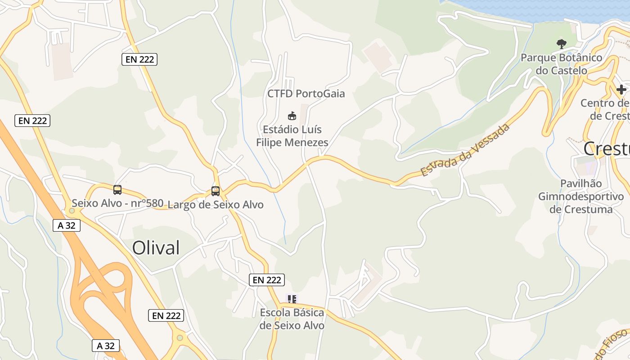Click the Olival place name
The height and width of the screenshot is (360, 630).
[x=156, y=248]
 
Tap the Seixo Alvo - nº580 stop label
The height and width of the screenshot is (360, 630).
[x=117, y=203]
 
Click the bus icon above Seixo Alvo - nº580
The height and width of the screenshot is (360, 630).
[x=117, y=190]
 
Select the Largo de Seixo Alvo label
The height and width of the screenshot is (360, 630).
[x=216, y=205]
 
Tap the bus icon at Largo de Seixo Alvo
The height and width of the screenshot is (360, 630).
[x=216, y=191]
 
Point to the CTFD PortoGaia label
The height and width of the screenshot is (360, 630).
[x=306, y=94]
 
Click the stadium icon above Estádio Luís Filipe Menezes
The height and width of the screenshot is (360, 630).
[x=292, y=116]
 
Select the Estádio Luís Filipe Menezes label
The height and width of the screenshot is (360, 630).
[x=292, y=136]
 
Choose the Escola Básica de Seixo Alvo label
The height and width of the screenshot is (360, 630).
[x=292, y=319]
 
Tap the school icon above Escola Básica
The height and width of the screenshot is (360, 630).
[x=292, y=299]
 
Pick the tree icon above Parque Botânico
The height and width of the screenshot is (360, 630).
[x=561, y=44]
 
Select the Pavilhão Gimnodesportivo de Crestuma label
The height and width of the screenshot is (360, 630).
[x=581, y=196]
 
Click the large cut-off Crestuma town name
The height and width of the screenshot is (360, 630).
[x=607, y=148]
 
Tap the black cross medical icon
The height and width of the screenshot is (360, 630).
[x=621, y=90]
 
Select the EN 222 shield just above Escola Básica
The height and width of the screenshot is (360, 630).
[x=267, y=280]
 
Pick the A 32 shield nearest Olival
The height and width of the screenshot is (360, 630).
[x=67, y=225]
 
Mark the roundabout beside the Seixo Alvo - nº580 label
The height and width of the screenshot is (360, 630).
[x=72, y=210]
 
